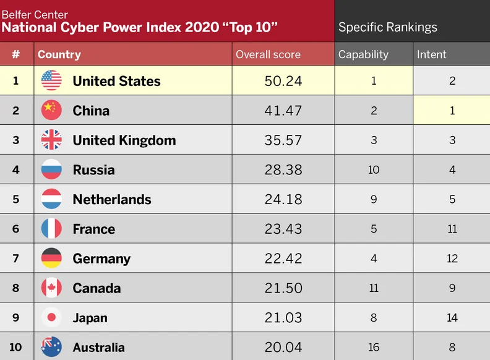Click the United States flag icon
point(51,80)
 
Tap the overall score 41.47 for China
point(283,111)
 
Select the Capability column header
point(363,54)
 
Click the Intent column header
point(431,54)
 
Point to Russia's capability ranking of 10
point(374,169)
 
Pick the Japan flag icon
point(51,317)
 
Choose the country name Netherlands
point(112,199)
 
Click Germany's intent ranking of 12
point(452,259)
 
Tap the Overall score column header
point(268,54)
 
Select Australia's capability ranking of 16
point(374,347)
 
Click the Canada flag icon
point(51,288)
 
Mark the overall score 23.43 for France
point(283,229)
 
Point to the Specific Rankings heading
point(387,27)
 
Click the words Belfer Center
point(35,14)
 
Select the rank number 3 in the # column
point(16,140)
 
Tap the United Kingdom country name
point(124,140)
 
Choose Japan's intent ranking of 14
point(452,317)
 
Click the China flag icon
point(51,110)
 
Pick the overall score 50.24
point(283,81)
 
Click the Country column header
point(59,54)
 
